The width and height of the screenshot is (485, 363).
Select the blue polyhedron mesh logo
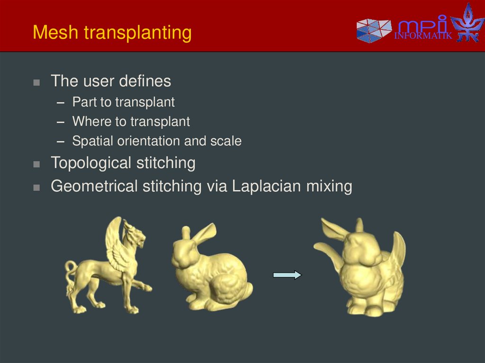coord(373,30)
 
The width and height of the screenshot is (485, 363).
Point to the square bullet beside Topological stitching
coord(37,164)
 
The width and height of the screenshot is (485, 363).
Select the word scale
coord(226,141)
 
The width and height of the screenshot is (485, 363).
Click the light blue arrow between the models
coord(287,275)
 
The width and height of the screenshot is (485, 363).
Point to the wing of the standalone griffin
coord(117,241)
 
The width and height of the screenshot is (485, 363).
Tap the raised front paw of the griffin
coord(144,286)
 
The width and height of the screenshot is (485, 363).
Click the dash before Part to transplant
coord(60,102)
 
